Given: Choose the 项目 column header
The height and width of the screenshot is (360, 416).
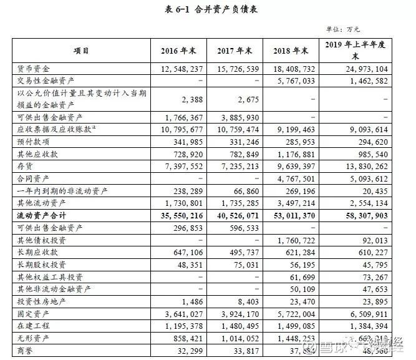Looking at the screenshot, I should [81, 51].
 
